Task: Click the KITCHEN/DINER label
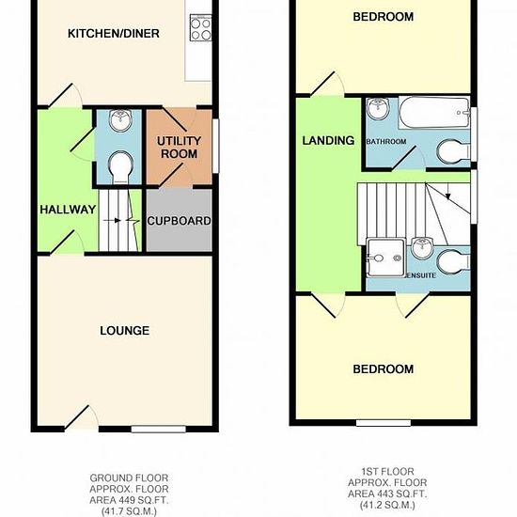(x=114, y=33)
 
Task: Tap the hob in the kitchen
(x=200, y=28)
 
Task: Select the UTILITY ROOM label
(x=179, y=148)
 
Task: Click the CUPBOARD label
(x=179, y=221)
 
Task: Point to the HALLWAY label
(x=68, y=210)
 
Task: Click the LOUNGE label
(x=125, y=330)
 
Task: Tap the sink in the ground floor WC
(x=120, y=119)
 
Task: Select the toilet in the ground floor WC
(x=120, y=167)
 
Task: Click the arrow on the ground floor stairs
(x=112, y=220)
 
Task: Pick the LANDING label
(x=328, y=141)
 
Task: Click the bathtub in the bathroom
(x=434, y=113)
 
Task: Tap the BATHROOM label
(x=386, y=142)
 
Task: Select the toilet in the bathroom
(x=454, y=152)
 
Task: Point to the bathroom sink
(x=378, y=108)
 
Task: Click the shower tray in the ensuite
(x=385, y=258)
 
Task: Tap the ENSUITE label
(x=422, y=275)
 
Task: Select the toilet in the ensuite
(x=454, y=261)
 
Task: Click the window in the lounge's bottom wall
(x=159, y=429)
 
